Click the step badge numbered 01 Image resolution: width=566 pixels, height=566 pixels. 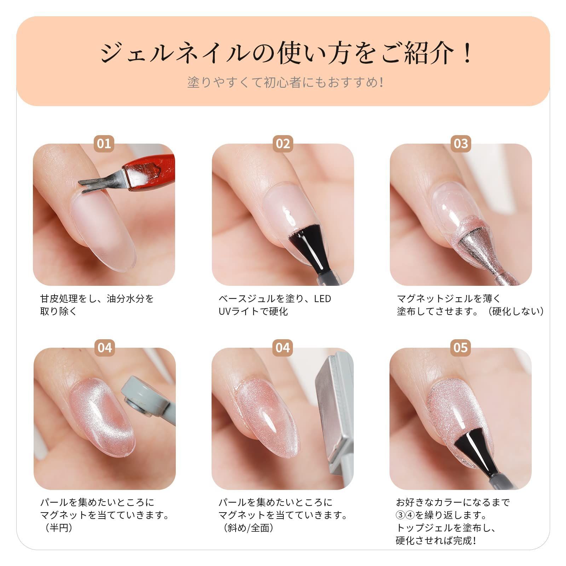[x=104, y=144]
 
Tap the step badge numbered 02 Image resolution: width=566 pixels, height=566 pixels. [x=283, y=144]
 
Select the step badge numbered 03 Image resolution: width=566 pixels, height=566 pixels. [x=461, y=144]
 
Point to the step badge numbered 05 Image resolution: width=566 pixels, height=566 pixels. [x=461, y=348]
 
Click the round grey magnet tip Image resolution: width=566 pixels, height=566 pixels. [x=141, y=400]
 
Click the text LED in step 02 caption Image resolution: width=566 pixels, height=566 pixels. [x=322, y=299]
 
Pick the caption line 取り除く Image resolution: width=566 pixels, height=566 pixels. [x=59, y=311]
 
